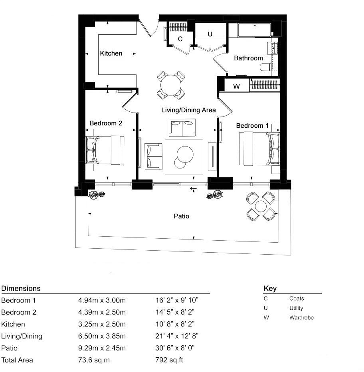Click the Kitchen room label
click(x=111, y=53)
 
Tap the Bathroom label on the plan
click(x=248, y=58)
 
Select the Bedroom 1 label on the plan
click(x=252, y=126)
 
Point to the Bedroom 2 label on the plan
click(x=106, y=123)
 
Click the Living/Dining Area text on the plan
click(x=188, y=110)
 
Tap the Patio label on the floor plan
click(x=181, y=216)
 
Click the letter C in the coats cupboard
click(x=180, y=39)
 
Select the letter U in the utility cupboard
click(x=210, y=35)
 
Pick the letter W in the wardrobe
click(x=236, y=86)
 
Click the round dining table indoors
click(x=171, y=85)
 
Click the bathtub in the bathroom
click(x=254, y=30)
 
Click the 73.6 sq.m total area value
click(x=94, y=360)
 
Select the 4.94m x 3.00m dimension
click(x=102, y=300)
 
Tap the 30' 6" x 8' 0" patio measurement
click(x=175, y=348)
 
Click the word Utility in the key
click(x=296, y=308)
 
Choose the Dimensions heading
click(x=21, y=288)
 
